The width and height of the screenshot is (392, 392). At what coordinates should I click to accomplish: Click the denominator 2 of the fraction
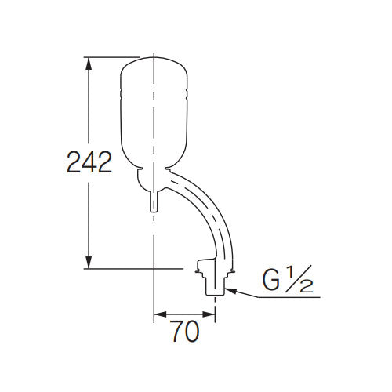(307, 286)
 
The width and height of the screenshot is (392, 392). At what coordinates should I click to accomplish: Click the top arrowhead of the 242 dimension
(89, 61)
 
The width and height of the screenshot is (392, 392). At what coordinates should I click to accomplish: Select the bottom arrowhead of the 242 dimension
(89, 264)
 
